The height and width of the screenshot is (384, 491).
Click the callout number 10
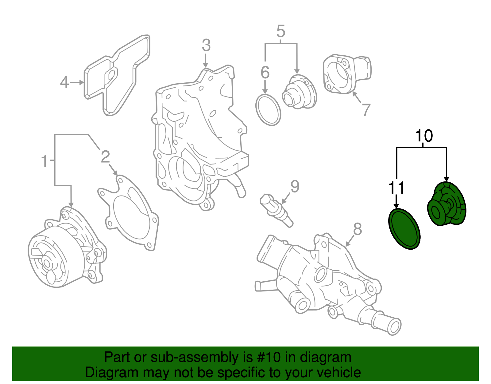[x=424, y=136]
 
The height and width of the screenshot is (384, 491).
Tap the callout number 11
[x=396, y=188]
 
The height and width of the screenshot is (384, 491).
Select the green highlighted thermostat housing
[x=447, y=204]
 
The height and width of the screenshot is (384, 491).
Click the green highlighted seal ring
[x=404, y=229]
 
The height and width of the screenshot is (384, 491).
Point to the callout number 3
[x=206, y=46]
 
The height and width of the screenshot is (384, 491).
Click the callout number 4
[x=64, y=82]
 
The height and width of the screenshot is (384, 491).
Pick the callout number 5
[x=280, y=31]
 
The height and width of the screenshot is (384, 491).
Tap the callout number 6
[x=265, y=73]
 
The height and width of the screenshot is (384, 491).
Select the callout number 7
[x=366, y=110]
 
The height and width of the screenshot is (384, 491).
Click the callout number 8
[x=357, y=229]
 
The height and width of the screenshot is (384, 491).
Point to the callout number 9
[x=295, y=187]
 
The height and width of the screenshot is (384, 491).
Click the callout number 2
[x=105, y=157]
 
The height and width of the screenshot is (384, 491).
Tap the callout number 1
[x=45, y=161]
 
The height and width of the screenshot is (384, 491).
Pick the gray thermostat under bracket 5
[x=299, y=92]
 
